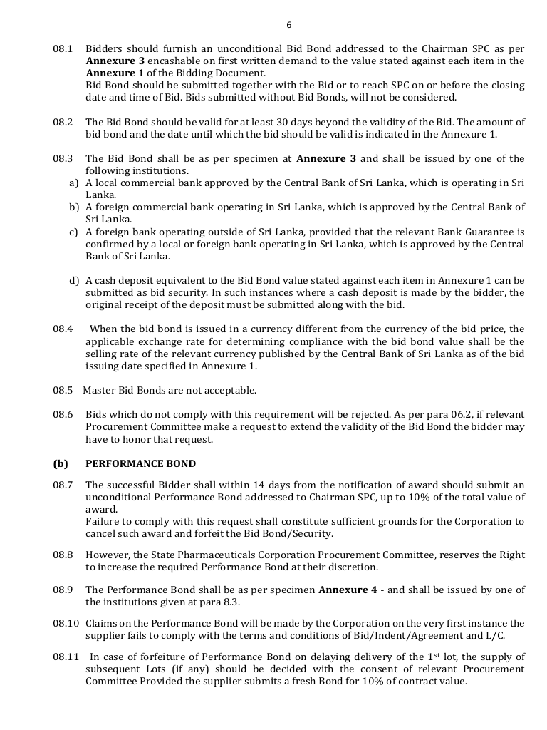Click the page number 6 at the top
(288, 25)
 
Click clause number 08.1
(63, 49)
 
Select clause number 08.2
(63, 123)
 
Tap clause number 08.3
(63, 158)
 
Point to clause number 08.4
(63, 329)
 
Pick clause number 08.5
(63, 390)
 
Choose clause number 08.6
(63, 414)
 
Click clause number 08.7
(63, 485)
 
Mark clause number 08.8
(63, 554)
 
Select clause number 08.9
(63, 590)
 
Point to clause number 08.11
(66, 657)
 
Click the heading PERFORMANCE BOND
(140, 463)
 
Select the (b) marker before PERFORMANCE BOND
(61, 463)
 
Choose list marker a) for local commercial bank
(73, 183)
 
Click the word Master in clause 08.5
(99, 390)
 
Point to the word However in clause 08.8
(106, 554)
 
